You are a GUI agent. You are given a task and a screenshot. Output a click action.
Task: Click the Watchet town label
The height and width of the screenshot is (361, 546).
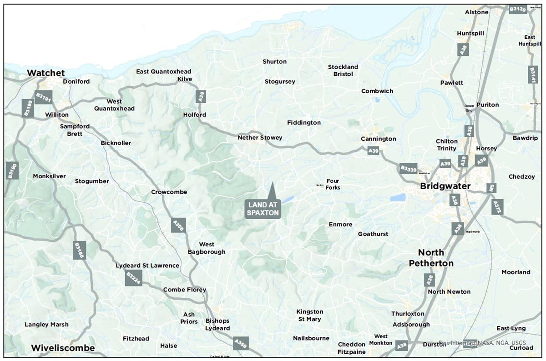pyautogui.click(x=46, y=73)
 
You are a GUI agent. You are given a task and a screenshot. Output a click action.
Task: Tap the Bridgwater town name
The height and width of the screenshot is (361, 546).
pyautogui.click(x=445, y=186)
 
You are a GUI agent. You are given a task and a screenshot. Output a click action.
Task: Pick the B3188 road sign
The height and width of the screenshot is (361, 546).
pyautogui.click(x=79, y=250)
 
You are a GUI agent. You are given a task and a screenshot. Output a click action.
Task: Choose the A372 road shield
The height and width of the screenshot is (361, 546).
pyautogui.click(x=497, y=206)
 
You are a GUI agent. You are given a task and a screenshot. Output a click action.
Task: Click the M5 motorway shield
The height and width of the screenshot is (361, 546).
pyautogui.click(x=490, y=187)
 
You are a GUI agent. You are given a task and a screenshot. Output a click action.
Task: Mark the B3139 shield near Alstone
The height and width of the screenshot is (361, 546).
pyautogui.click(x=517, y=9)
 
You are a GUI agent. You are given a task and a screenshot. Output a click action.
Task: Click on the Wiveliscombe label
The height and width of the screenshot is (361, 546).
pyautogui.click(x=63, y=348)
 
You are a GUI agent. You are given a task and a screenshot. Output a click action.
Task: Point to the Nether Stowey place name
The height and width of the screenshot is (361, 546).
pyautogui.click(x=260, y=137)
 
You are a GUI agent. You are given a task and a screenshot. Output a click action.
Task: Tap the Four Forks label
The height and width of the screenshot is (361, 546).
pyautogui.click(x=333, y=184)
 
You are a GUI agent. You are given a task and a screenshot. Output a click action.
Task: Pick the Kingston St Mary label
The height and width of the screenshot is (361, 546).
pyautogui.click(x=309, y=315)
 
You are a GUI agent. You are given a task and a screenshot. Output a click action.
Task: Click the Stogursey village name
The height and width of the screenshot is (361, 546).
pyautogui.click(x=280, y=81)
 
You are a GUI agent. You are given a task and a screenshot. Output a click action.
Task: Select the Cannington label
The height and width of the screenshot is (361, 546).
pyautogui.click(x=378, y=139)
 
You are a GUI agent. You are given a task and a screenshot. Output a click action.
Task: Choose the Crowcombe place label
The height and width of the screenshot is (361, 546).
pyautogui.click(x=169, y=192)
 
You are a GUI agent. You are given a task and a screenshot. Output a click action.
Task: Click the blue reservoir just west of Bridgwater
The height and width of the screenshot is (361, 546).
pyautogui.click(x=398, y=197)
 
